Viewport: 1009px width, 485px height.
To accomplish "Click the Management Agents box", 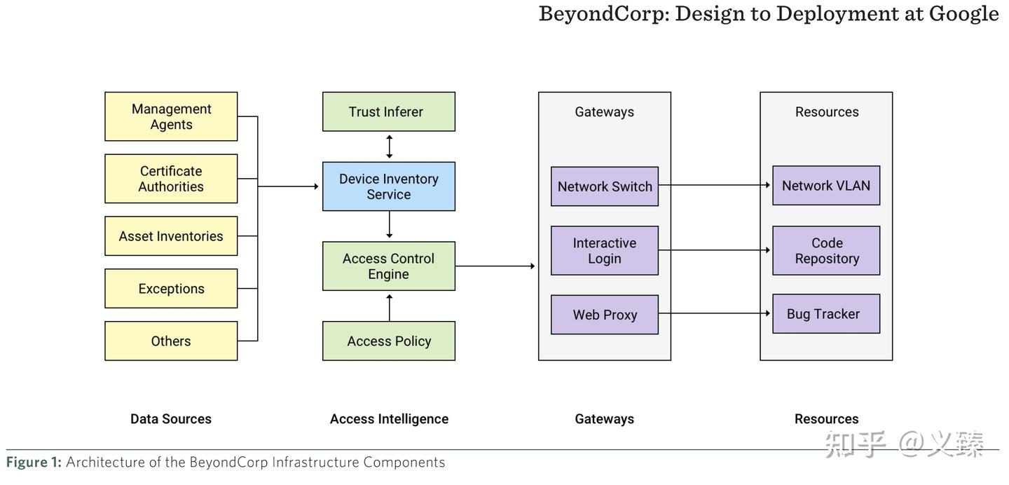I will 171,116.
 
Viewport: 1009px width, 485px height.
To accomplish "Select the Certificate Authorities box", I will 171,179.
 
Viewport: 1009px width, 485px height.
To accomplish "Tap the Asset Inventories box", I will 171,236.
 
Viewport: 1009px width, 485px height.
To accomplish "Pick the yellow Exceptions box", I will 171,289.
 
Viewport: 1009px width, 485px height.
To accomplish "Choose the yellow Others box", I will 171,341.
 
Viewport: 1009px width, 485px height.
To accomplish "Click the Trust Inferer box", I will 388,111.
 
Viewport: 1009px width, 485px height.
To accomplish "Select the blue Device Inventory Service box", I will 388,186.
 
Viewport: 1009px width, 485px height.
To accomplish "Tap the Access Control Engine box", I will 388,266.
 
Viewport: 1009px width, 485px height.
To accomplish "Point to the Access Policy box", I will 388,341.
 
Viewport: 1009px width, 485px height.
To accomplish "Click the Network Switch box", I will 604,186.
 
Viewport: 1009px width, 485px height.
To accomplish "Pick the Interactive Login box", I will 604,250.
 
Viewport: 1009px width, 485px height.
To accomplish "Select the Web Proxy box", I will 604,315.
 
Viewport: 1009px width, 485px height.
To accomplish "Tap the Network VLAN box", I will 825,186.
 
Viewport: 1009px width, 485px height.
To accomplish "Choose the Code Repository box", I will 825,250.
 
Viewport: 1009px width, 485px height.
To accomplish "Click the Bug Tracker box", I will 825,314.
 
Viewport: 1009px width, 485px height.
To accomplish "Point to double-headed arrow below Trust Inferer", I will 390,146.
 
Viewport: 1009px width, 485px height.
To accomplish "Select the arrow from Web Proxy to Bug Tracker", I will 715,313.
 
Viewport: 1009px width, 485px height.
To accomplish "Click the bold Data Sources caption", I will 171,419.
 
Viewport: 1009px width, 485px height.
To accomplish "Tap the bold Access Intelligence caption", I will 389,419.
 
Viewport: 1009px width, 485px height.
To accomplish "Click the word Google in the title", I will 963,13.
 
